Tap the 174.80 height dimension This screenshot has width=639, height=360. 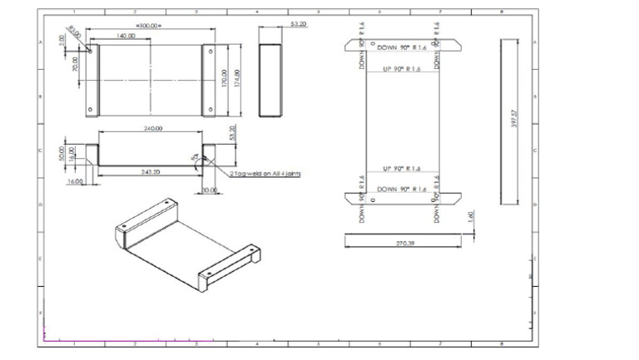[240, 79]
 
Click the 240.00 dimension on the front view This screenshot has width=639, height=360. [152, 129]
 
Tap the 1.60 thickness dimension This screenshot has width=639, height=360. [471, 216]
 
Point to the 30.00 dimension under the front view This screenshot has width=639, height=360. [208, 190]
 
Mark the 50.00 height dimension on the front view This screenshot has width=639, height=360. [62, 155]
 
